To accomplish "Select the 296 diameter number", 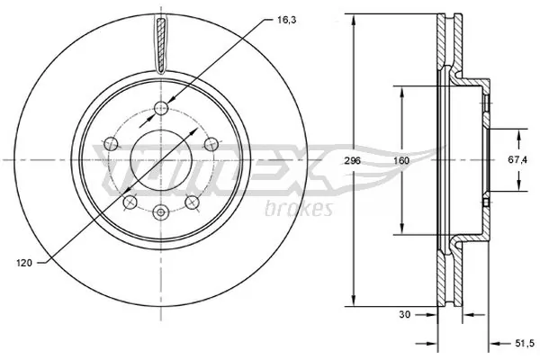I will point(352,160).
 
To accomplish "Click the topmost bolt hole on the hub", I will point(160,109).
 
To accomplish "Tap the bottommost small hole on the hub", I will point(160,212).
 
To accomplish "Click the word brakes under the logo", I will point(301,210).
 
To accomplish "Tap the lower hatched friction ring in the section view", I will point(442,279).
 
